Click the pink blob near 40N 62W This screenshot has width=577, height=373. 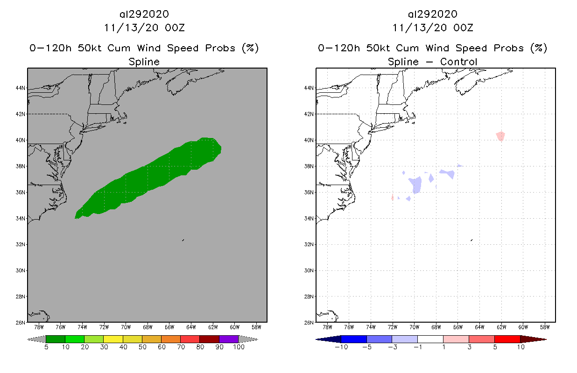tap(500, 136)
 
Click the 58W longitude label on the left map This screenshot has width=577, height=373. tap(256, 327)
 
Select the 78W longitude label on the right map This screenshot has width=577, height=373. tap(327, 327)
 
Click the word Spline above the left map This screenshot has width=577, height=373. tap(144, 62)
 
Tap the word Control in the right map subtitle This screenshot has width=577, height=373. tap(458, 62)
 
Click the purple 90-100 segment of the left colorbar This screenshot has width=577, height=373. tap(229, 339)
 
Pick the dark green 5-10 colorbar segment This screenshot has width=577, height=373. tap(56, 339)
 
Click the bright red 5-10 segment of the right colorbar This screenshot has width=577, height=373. tap(507, 339)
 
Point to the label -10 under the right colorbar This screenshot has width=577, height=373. tap(340, 347)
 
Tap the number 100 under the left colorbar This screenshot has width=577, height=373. tap(238, 347)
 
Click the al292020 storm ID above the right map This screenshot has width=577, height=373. tap(432, 14)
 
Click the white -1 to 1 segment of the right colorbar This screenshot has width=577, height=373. tap(430, 339)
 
